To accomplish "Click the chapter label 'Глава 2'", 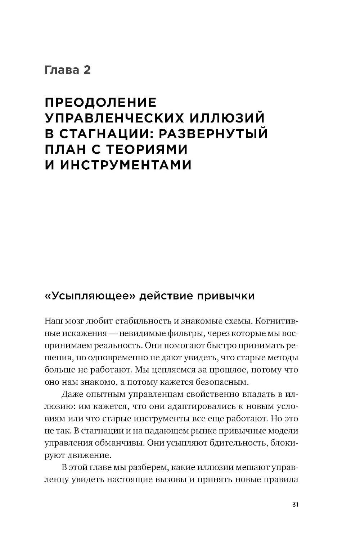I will pos(67,70).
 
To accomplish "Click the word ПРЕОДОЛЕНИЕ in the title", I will pos(101,102).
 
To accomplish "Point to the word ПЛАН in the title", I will pos(63,149).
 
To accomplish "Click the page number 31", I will pos(295,505).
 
